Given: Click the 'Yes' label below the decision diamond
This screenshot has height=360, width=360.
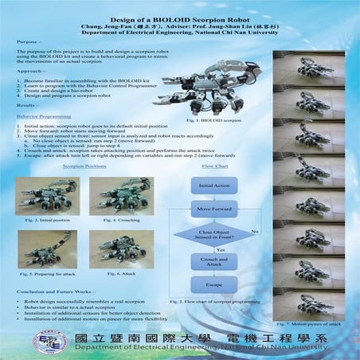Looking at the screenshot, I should click(220, 250).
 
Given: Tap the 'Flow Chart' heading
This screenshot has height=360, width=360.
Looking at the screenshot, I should click(215, 167).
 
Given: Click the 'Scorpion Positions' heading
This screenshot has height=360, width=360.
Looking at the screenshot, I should click(77, 167).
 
